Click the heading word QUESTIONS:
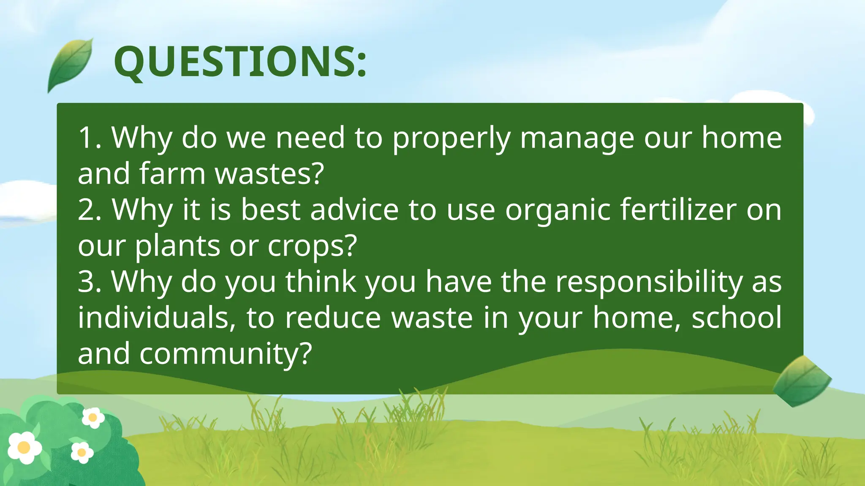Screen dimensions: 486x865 [x=240, y=62]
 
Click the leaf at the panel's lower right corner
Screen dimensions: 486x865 [x=801, y=381]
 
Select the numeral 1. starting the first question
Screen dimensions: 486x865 [x=90, y=138]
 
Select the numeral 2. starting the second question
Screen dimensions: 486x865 [x=90, y=210]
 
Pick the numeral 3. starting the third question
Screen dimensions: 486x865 [x=90, y=282]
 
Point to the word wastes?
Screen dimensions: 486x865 [x=269, y=174]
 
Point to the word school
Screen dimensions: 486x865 [x=737, y=318]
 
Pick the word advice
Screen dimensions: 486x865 [x=354, y=210]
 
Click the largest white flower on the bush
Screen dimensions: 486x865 [x=24, y=447]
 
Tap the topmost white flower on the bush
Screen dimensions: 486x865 [x=93, y=418]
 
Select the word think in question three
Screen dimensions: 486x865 [x=321, y=282]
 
